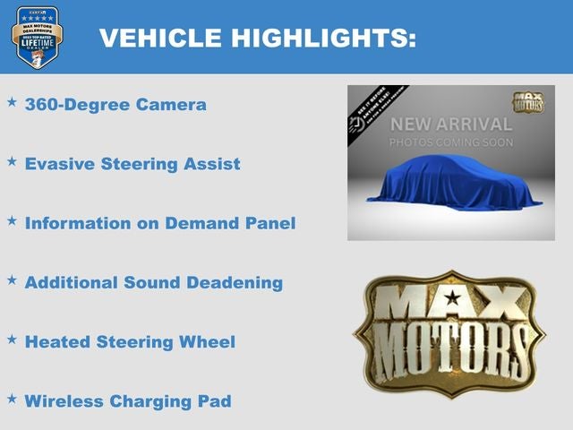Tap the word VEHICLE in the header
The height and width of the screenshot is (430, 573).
(160, 38)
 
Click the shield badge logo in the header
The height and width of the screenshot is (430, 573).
(38, 37)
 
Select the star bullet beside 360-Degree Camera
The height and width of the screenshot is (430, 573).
(12, 102)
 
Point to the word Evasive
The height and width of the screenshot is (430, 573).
(60, 164)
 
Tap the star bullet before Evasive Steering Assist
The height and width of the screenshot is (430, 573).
(12, 161)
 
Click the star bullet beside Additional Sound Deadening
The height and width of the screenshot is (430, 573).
(12, 279)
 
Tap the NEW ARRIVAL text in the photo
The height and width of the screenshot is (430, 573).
(450, 125)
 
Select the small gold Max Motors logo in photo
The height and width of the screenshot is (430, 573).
(526, 101)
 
